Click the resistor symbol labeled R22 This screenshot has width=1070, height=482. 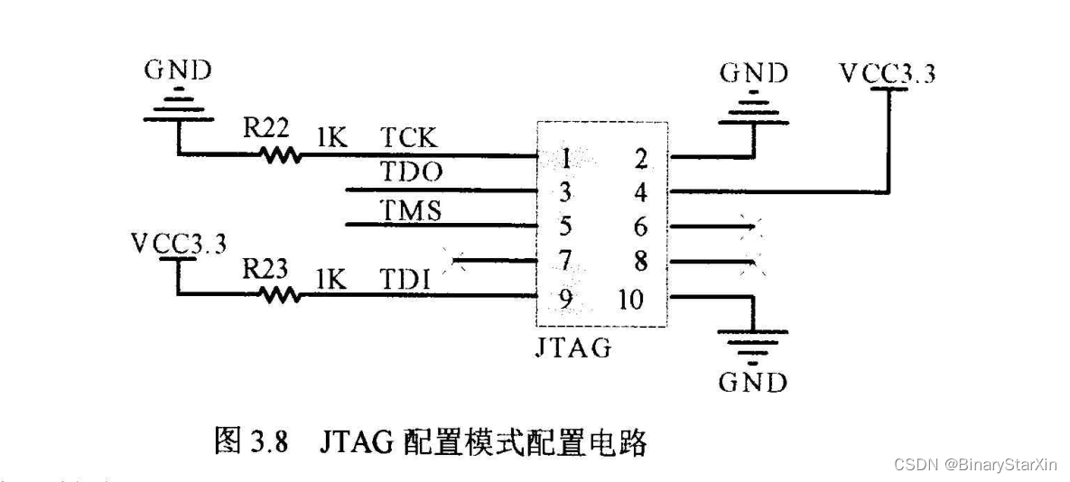click(x=281, y=156)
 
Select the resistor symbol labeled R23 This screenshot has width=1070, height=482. click(x=281, y=293)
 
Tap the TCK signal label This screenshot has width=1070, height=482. click(x=408, y=139)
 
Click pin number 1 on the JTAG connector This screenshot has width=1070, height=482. click(x=565, y=160)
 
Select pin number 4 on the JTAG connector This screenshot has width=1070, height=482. click(x=641, y=192)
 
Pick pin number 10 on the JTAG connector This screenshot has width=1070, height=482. click(x=631, y=298)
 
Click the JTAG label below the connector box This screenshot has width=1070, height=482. click(x=573, y=347)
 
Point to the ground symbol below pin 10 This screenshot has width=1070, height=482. click(x=752, y=343)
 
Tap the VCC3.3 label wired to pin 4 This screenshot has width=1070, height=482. click(x=887, y=73)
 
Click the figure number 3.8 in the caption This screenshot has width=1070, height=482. click(x=269, y=442)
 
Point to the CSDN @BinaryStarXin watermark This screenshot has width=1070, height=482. click(x=976, y=464)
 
